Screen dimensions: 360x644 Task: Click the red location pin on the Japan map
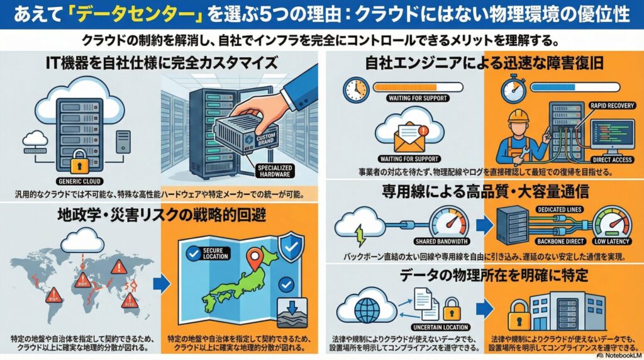(x=255, y=258)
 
